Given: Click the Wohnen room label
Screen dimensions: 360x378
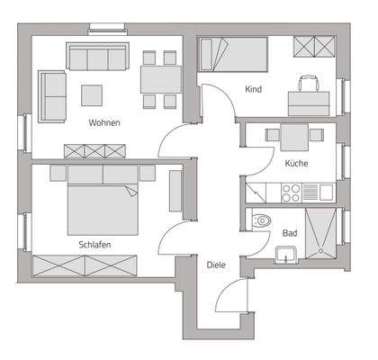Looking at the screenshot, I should [x=104, y=122].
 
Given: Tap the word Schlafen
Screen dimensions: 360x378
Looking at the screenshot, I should [x=94, y=244].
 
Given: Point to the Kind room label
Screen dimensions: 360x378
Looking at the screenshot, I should [x=253, y=88].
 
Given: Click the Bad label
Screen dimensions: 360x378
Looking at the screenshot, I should [x=290, y=233].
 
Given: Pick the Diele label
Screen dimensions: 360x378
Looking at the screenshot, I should [x=216, y=265].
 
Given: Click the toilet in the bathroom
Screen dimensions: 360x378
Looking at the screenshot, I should [x=261, y=220].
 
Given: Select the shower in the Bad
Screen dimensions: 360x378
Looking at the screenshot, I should [x=320, y=234].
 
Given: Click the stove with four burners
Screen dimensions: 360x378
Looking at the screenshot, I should [x=292, y=191].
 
